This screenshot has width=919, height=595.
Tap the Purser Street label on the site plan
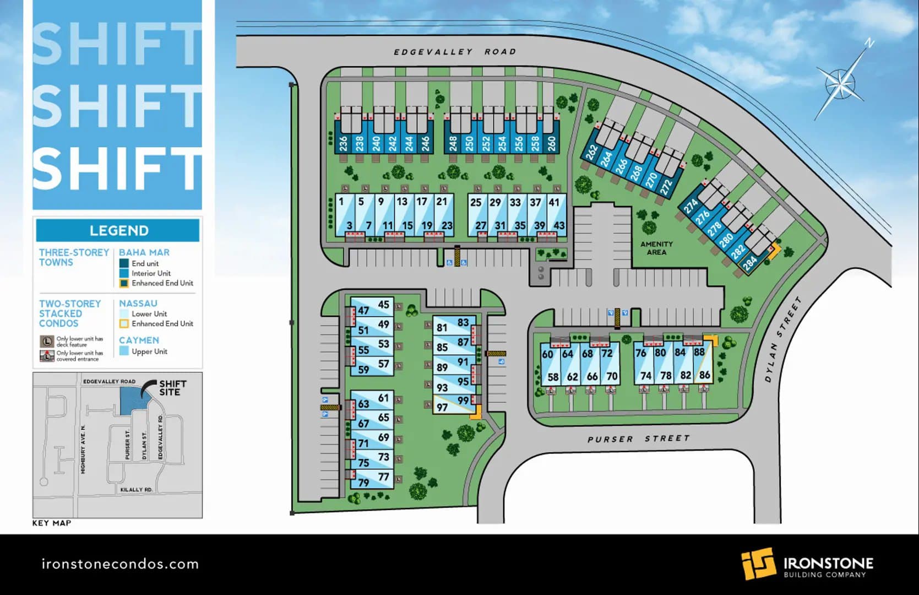638,439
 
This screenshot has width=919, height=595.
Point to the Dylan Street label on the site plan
782,340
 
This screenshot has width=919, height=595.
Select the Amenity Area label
656,248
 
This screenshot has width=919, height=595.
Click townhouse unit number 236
344,144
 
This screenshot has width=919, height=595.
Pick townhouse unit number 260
552,144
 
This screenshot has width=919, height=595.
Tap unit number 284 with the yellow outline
750,263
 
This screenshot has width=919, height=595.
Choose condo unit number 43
559,225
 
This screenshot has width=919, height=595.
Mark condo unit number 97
442,408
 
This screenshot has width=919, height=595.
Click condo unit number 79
363,483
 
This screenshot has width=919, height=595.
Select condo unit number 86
704,375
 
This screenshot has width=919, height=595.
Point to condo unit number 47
363,311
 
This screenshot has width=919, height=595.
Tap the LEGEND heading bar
118,230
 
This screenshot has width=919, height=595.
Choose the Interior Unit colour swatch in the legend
124,273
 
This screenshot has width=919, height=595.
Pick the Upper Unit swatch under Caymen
124,351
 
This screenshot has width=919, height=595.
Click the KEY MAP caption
52,523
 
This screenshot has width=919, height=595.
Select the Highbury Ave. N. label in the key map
83,449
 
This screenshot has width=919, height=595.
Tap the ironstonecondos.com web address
120,564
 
